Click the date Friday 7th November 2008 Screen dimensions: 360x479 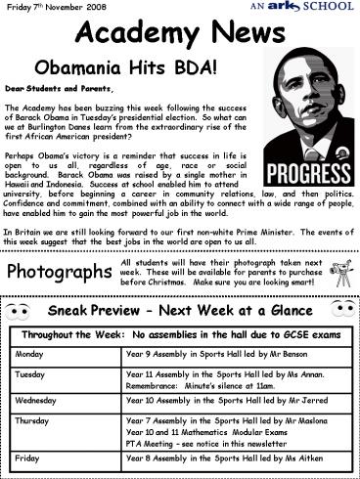click(x=53, y=8)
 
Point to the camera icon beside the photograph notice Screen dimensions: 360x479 click(x=337, y=271)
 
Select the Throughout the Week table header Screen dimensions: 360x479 click(x=179, y=333)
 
